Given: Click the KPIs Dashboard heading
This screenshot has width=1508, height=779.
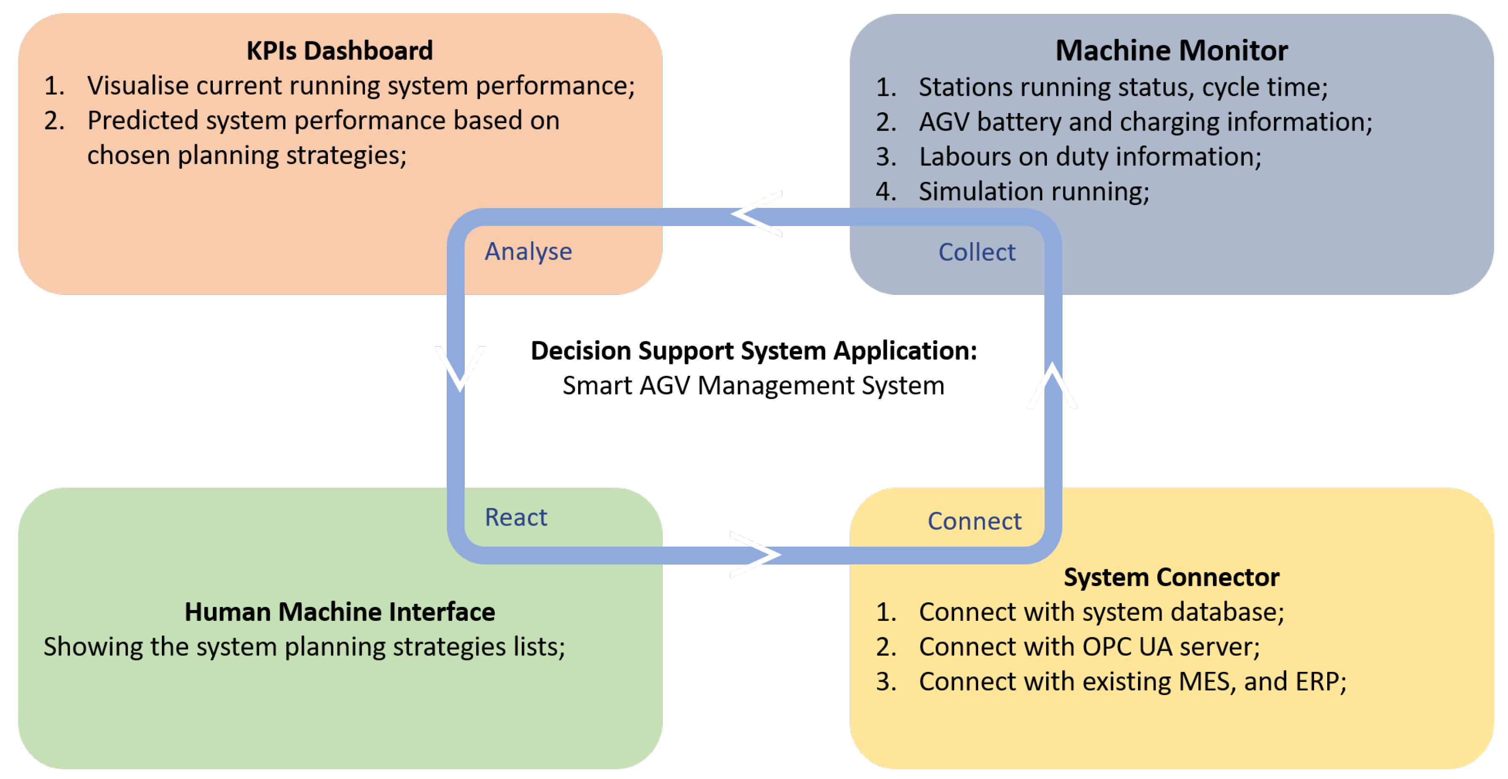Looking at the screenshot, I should (340, 51).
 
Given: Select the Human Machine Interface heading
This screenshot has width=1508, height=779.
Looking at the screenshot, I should (340, 612).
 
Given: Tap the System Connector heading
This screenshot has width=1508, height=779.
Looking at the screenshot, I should (1171, 577).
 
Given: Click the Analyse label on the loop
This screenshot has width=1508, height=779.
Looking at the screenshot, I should (528, 252).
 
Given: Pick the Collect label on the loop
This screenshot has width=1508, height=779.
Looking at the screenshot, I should (977, 253).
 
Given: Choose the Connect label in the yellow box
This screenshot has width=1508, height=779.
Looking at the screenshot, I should (974, 521).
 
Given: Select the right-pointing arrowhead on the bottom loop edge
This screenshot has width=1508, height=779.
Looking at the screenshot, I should (757, 555).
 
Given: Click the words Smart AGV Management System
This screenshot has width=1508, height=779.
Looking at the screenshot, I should (754, 386).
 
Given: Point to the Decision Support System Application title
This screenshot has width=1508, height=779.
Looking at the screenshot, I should (754, 351).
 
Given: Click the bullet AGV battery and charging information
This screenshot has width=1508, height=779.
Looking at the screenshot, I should (1145, 122).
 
